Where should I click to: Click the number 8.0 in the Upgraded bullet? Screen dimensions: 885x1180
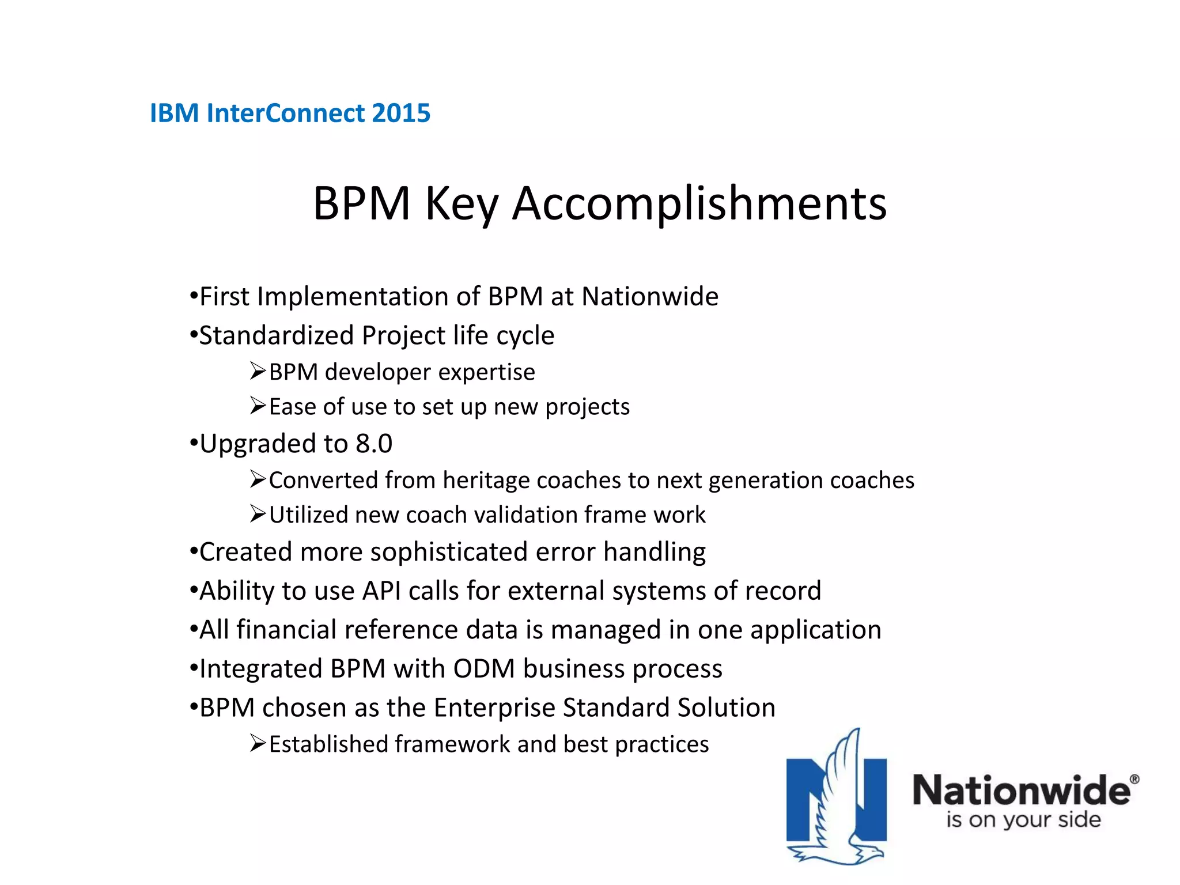(x=374, y=444)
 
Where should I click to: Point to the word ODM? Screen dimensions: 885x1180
(x=484, y=669)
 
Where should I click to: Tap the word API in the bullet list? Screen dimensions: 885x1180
(x=381, y=591)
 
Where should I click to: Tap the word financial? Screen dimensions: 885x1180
(x=286, y=630)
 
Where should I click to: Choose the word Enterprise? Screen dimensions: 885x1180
(x=494, y=708)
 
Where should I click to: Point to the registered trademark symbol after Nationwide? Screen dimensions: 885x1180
(x=1134, y=780)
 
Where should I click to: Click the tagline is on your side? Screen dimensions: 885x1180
(x=1023, y=819)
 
